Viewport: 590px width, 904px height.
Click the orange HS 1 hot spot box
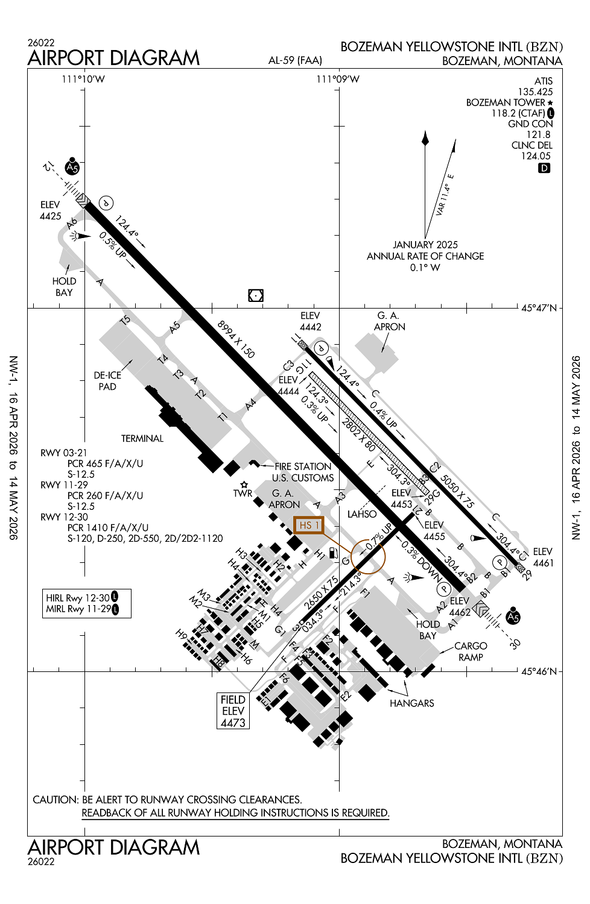[x=309, y=526]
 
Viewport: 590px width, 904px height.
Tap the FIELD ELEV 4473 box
[x=233, y=711]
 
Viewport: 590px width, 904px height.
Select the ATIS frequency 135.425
[x=535, y=92]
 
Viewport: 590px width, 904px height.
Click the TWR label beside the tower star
[x=243, y=494]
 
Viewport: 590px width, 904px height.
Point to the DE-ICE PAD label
[x=107, y=381]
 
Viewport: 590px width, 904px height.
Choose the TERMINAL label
[x=142, y=439]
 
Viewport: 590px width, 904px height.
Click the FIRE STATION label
[x=303, y=466]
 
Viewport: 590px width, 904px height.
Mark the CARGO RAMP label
[x=471, y=651]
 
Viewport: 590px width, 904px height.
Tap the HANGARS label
[x=411, y=703]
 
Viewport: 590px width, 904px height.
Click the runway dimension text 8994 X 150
[x=236, y=339]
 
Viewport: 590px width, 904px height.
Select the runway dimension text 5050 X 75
[x=457, y=491]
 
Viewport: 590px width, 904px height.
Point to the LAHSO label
[x=362, y=514]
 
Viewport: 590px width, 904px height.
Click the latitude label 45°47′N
[x=539, y=308]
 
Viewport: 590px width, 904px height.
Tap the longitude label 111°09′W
[x=338, y=79]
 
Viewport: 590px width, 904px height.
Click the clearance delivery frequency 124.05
[x=536, y=156]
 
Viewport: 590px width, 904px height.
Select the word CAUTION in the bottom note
[x=56, y=800]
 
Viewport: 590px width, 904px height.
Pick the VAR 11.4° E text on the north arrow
[x=445, y=195]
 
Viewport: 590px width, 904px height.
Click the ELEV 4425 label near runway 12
[x=51, y=210]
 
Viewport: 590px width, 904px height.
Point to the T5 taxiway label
[x=125, y=320]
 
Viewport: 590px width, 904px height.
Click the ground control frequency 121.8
[x=538, y=134]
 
